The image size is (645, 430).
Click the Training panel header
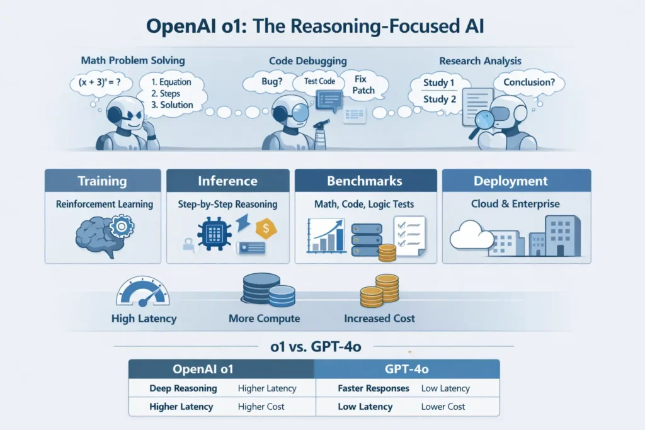point(102,181)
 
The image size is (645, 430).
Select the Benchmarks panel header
point(364,181)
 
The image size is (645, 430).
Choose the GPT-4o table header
point(406,369)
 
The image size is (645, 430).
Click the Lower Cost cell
point(443,407)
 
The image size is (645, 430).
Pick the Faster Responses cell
point(374,388)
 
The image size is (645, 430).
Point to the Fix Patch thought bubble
point(363,84)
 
